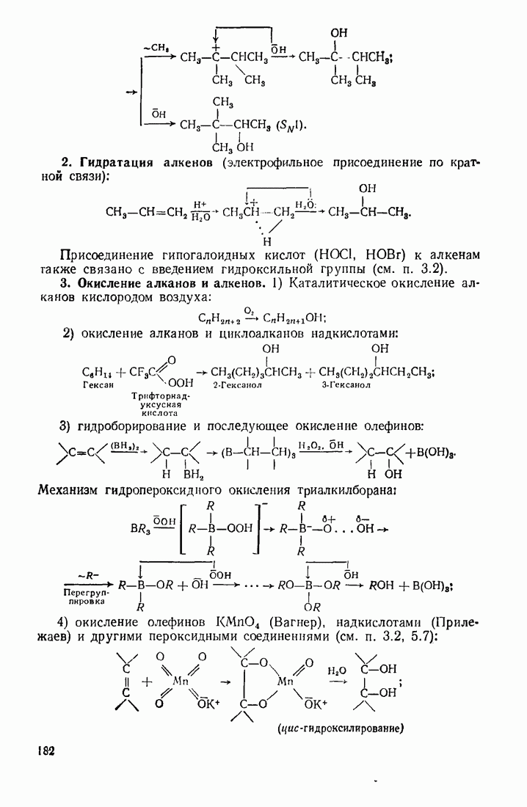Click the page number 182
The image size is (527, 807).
(x=45, y=751)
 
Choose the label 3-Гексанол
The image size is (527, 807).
(x=346, y=384)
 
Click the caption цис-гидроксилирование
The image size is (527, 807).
(x=342, y=729)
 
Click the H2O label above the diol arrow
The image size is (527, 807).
(x=335, y=670)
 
